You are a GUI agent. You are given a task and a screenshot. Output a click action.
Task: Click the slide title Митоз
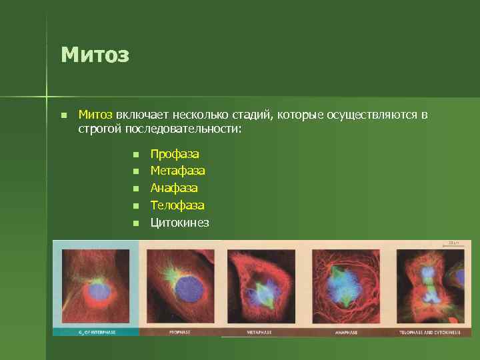[94, 54]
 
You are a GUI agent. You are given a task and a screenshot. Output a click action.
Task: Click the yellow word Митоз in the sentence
[95, 115]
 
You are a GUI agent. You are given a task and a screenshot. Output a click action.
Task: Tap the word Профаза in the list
[174, 154]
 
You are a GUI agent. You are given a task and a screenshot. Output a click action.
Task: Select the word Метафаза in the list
[177, 171]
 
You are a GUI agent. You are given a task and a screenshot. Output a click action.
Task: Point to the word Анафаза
[174, 189]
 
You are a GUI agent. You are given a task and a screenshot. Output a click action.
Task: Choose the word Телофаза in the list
[177, 206]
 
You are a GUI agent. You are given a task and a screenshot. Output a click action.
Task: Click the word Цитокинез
[179, 223]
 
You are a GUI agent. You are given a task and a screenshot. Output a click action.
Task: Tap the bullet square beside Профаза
[135, 155]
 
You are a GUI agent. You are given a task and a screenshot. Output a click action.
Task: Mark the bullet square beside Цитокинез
[135, 223]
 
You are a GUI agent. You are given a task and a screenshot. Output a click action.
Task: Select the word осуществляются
[370, 115]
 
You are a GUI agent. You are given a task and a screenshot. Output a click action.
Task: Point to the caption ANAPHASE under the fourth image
[347, 331]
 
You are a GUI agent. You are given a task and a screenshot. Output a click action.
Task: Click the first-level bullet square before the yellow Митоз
[63, 115]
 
